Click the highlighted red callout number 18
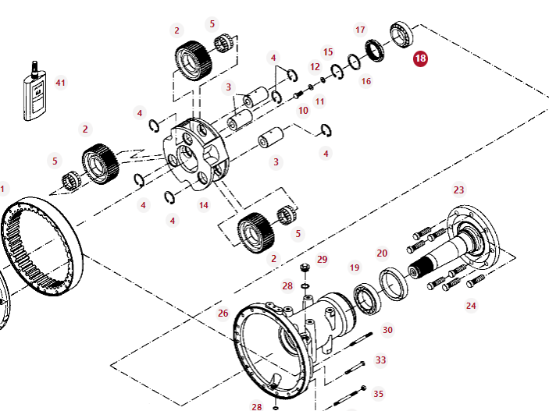pyautogui.click(x=420, y=58)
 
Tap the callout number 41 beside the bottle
pyautogui.click(x=61, y=83)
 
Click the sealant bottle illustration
pyautogui.click(x=34, y=91)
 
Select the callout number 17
pyautogui.click(x=360, y=30)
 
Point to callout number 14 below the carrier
pyautogui.click(x=204, y=205)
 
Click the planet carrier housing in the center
pyautogui.click(x=195, y=154)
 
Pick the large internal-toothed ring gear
pyautogui.click(x=41, y=246)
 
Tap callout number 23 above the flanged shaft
pyautogui.click(x=458, y=190)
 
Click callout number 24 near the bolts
pyautogui.click(x=471, y=306)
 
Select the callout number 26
pyautogui.click(x=223, y=313)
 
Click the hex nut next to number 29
pyautogui.click(x=305, y=268)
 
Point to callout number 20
pyautogui.click(x=382, y=253)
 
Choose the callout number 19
pyautogui.click(x=355, y=268)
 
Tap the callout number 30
pyautogui.click(x=387, y=330)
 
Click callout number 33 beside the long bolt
pyautogui.click(x=380, y=360)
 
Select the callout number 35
pyautogui.click(x=379, y=394)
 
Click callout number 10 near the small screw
pyautogui.click(x=303, y=111)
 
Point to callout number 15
pyautogui.click(x=328, y=52)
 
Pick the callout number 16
pyautogui.click(x=366, y=82)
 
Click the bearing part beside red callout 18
pyautogui.click(x=401, y=34)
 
